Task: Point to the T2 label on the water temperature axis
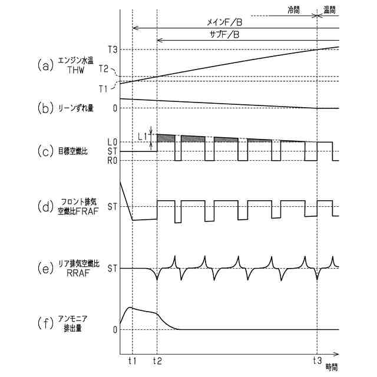click(x=104, y=69)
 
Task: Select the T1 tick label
click(x=103, y=88)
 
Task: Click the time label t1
click(x=132, y=360)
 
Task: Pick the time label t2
click(x=157, y=360)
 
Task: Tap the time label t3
click(x=317, y=360)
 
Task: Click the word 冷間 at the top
click(x=293, y=10)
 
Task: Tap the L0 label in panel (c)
click(x=112, y=142)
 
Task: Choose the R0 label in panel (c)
click(x=112, y=160)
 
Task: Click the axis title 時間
click(x=331, y=366)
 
